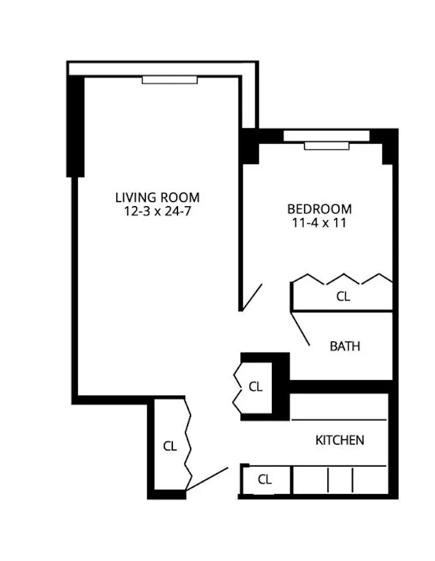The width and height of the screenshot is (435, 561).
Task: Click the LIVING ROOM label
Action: click(157, 198)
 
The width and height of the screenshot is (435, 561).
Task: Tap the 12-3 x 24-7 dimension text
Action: click(157, 211)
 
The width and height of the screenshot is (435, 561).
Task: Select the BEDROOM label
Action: click(319, 209)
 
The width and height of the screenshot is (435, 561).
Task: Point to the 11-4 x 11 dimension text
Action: click(319, 222)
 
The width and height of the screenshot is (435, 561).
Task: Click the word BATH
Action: click(345, 346)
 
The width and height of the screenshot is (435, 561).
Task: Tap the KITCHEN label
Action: click(339, 440)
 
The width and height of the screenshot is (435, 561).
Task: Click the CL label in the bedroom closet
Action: click(342, 297)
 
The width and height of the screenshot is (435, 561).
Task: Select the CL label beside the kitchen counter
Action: click(264, 480)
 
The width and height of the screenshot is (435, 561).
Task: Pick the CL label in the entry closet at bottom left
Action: click(170, 447)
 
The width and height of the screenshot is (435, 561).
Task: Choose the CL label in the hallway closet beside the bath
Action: click(255, 386)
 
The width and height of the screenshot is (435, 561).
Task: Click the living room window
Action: click(169, 80)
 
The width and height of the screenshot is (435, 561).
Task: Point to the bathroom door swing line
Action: click(301, 329)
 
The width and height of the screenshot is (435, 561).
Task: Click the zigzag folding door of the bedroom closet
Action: click(342, 280)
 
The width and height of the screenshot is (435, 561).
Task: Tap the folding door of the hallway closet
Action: click(238, 386)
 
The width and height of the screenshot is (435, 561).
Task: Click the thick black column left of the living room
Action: click(76, 126)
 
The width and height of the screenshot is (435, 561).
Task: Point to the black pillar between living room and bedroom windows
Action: click(250, 147)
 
